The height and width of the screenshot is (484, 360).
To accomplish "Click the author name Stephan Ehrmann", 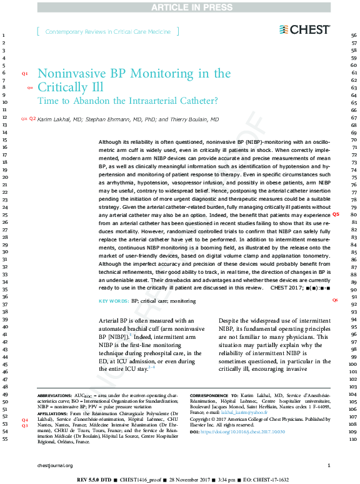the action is (x=103, y=119).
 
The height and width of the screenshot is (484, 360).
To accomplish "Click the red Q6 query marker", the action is (x=336, y=301).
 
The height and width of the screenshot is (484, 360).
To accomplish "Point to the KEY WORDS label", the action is (x=114, y=301).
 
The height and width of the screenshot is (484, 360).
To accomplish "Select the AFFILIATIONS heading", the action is (x=52, y=414).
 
